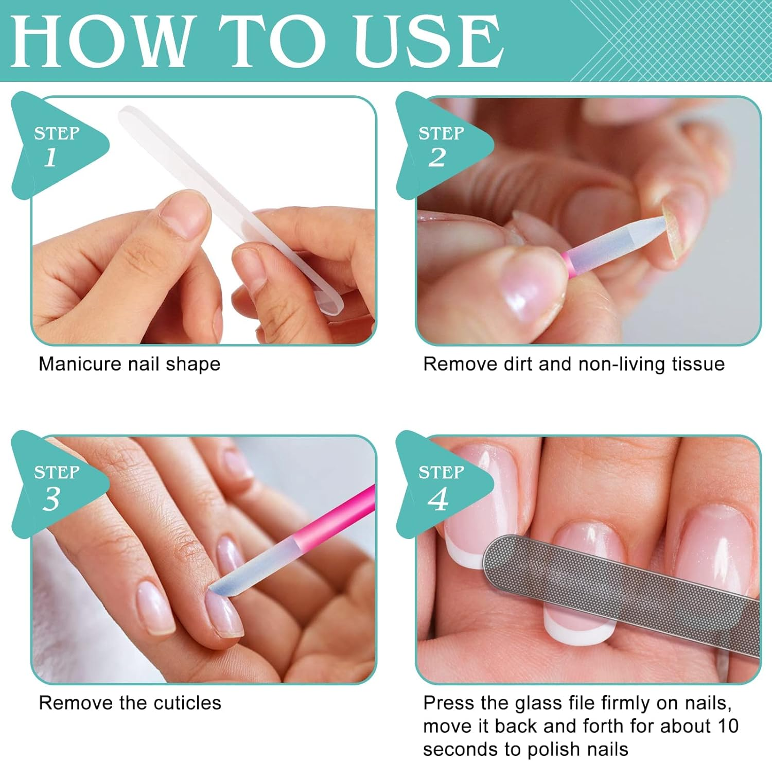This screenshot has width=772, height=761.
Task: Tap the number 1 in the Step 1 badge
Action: (x=50, y=157)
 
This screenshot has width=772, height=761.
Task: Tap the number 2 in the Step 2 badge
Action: (x=437, y=157)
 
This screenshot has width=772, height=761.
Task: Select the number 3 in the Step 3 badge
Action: (x=51, y=498)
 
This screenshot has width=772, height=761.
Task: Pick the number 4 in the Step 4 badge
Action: (x=437, y=498)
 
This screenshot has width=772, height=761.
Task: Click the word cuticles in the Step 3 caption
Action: (x=189, y=703)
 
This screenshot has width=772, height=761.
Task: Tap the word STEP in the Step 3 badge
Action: (x=57, y=472)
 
